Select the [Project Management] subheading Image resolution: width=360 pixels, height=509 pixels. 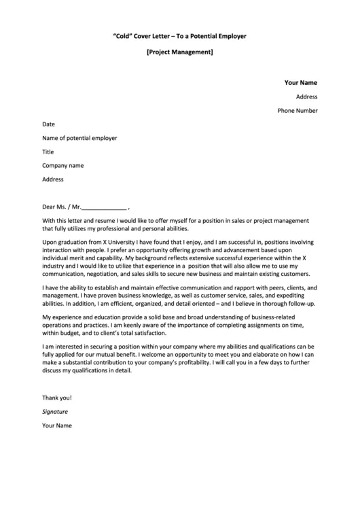(180, 52)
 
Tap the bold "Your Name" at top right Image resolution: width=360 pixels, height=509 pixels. (300, 83)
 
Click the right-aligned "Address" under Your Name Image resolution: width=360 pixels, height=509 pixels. (306, 96)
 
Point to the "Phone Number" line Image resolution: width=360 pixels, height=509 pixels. (297, 111)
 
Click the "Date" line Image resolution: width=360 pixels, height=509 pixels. (48, 124)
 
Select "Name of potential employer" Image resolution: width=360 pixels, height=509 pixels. (79, 138)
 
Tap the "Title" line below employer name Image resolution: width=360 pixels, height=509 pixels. (48, 152)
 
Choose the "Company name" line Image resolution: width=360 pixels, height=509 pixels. (62, 165)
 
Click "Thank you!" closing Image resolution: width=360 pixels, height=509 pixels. (56, 397)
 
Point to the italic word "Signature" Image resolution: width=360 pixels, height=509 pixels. (55, 412)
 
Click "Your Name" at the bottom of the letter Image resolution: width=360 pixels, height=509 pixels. (57, 425)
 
